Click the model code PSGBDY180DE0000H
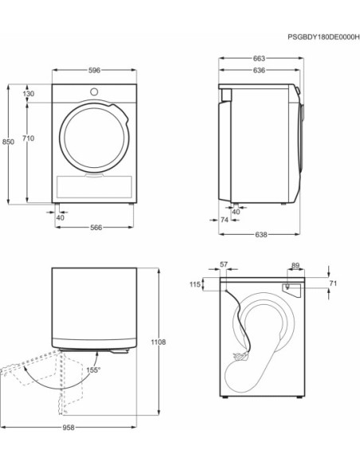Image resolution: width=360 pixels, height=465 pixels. click(x=323, y=37)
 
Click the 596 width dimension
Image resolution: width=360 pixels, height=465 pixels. click(x=94, y=70)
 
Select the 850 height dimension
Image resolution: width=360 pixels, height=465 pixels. click(x=8, y=142)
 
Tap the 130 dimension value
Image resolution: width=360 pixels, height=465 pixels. click(x=29, y=94)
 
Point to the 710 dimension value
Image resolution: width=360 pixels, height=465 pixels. click(x=29, y=139)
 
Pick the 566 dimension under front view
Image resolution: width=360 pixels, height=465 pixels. click(x=96, y=228)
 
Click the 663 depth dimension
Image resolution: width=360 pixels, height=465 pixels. click(x=259, y=58)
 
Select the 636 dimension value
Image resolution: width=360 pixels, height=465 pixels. click(x=259, y=70)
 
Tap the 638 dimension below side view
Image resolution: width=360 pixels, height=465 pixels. click(x=261, y=235)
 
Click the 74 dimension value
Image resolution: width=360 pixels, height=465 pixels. click(x=225, y=220)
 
